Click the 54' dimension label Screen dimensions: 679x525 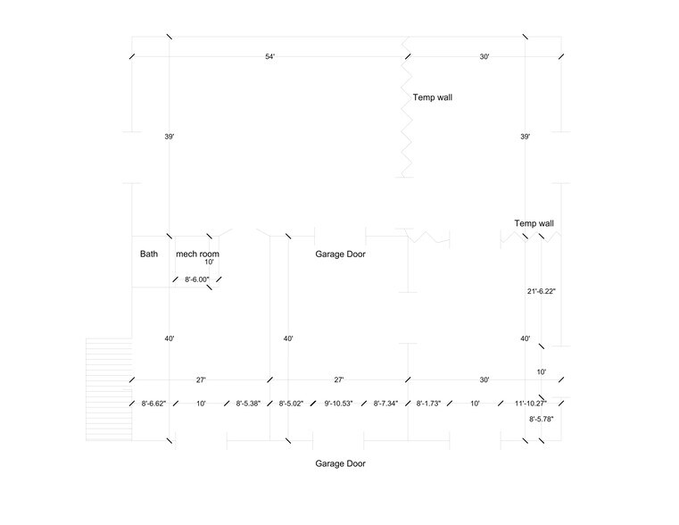click(x=269, y=57)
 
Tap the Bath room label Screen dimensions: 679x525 click(x=149, y=254)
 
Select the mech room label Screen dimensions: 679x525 click(x=197, y=254)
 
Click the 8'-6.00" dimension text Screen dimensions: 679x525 click(x=197, y=279)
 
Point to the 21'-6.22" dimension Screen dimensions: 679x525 click(x=542, y=292)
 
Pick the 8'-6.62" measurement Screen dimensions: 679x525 click(x=153, y=404)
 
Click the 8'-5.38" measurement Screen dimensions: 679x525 click(x=248, y=404)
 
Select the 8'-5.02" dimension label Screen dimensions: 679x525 click(x=291, y=404)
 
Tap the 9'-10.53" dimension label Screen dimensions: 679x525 click(x=339, y=404)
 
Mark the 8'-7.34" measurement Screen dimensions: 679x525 click(x=385, y=404)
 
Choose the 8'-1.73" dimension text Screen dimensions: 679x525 click(x=428, y=404)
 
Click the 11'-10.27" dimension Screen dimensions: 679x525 click(x=531, y=404)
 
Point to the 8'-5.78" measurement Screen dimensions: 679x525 click(x=542, y=420)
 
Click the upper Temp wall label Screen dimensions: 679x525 click(x=433, y=97)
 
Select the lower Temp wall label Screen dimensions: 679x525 click(x=534, y=223)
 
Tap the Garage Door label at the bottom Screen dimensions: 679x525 click(x=340, y=464)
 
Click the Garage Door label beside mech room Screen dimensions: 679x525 click(x=340, y=254)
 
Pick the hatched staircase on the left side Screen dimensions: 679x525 click(x=109, y=389)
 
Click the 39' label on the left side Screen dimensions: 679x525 click(x=170, y=137)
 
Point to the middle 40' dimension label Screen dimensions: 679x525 click(x=288, y=338)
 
